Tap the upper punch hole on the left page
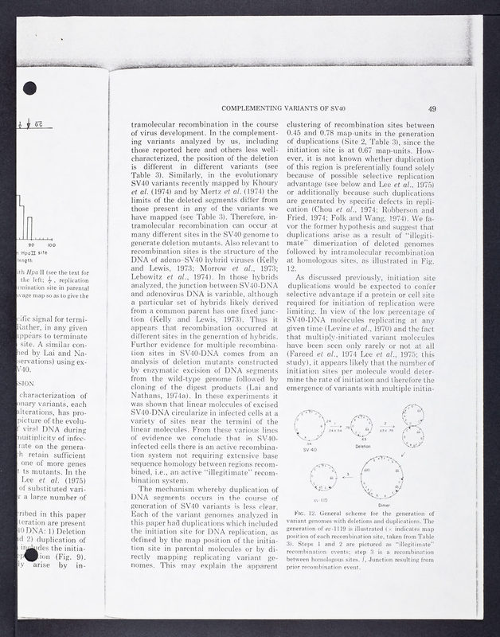point(30,87)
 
